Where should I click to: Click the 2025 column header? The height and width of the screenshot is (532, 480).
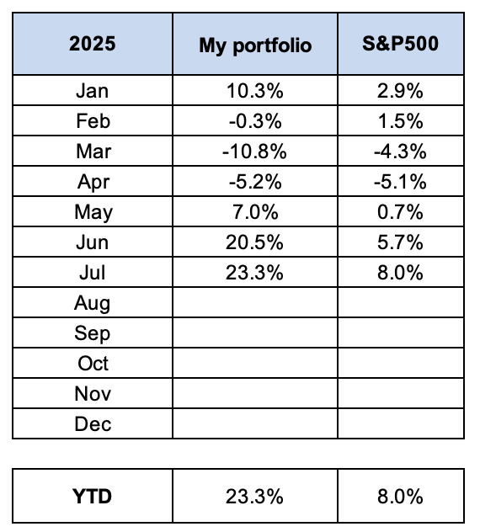93,44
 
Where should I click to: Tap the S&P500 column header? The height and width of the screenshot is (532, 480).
401,44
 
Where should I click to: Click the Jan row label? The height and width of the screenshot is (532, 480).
93,91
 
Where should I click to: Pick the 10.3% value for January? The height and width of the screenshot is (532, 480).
255,91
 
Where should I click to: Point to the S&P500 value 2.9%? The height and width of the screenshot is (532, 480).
400,91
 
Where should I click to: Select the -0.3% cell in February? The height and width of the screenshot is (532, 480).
255,121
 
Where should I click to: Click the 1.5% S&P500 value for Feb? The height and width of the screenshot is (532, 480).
400,121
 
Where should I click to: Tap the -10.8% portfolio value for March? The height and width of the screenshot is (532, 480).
254,152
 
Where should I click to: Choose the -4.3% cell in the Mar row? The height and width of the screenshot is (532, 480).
400,152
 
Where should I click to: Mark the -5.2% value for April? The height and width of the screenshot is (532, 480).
255,182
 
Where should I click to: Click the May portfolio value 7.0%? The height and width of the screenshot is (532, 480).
255,212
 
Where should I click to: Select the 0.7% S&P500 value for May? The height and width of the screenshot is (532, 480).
400,212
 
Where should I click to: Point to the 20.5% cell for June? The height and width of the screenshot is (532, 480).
254,242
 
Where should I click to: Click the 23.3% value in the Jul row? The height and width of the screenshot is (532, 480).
254,273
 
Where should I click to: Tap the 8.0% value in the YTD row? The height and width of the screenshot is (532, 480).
400,497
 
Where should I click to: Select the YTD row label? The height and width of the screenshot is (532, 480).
92,497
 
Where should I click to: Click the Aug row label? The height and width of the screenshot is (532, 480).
93,303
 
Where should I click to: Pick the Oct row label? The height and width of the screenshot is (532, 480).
93,364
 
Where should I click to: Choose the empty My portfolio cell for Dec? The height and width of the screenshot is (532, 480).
255,423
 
